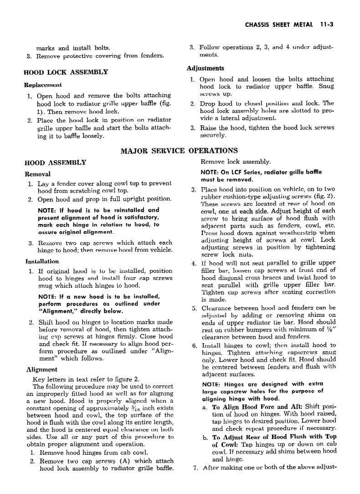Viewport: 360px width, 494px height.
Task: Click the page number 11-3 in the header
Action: (x=327, y=26)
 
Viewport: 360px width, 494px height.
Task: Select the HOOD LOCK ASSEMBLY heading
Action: (x=66, y=72)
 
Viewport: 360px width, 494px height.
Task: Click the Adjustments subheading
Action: (x=205, y=68)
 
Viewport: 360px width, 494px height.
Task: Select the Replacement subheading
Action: (x=42, y=85)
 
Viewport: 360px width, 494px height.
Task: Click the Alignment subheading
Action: (x=41, y=370)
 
